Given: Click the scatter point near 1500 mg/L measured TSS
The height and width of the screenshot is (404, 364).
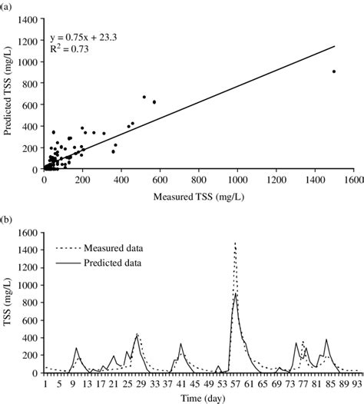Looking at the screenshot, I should [x=334, y=71].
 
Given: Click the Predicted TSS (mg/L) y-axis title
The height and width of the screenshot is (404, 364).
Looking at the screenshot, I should [x=9, y=95].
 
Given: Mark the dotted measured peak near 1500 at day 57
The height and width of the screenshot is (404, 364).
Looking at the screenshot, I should [x=235, y=243].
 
